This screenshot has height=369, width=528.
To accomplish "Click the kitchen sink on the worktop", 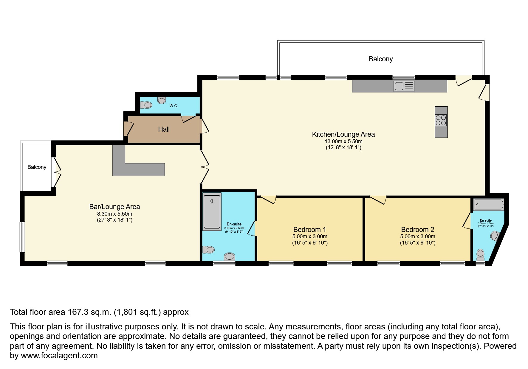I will (404, 86).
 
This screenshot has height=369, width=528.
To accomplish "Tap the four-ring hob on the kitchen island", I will (441, 120).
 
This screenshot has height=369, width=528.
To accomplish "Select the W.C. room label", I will (174, 106).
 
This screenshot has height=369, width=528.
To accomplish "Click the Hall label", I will (164, 129).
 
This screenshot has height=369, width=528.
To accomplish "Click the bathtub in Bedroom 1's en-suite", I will (212, 212).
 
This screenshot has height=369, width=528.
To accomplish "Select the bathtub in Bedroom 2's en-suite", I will (489, 205).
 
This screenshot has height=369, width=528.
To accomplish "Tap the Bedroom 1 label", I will (309, 230).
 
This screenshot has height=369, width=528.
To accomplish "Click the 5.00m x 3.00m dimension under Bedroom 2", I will (417, 236).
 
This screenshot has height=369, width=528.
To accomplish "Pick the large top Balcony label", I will (381, 59).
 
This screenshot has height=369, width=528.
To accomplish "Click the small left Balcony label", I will (37, 167).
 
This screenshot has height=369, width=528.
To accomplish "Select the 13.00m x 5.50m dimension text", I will (343, 141).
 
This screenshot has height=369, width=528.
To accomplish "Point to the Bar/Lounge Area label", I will (114, 207).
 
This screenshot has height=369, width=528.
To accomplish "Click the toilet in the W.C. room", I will (147, 105).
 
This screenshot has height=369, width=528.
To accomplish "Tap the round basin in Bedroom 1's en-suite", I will (230, 256).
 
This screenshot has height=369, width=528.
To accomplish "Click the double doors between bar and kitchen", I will (205, 167).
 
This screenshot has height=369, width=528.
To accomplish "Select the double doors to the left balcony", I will (57, 172).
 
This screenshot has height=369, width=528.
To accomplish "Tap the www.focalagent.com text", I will (59, 356).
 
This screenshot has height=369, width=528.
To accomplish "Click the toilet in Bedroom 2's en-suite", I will (480, 255).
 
